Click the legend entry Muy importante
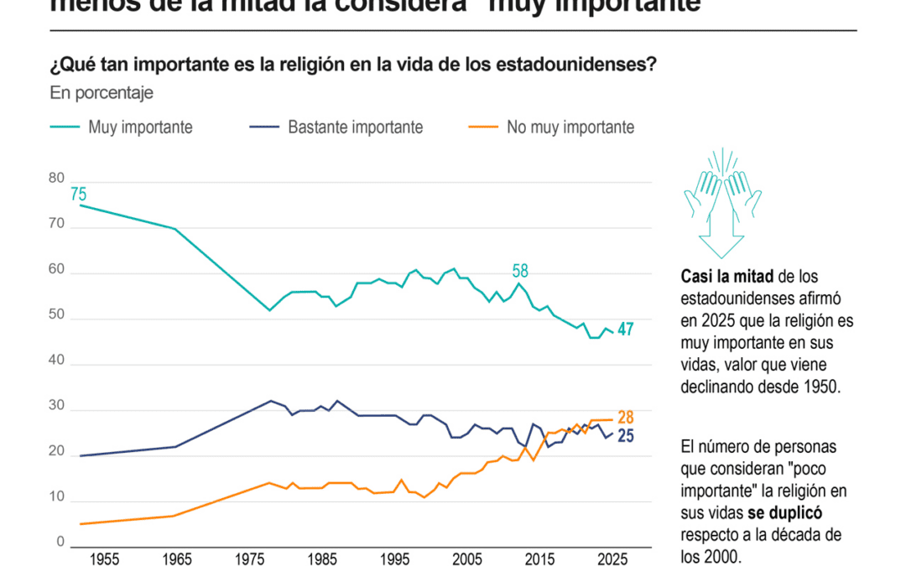tap(140, 127)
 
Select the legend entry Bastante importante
tap(355, 127)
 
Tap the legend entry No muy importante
tap(570, 127)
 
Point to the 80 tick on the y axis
tap(56, 178)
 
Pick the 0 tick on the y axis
tap(60, 543)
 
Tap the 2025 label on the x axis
tap(613, 558)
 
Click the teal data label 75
tap(78, 195)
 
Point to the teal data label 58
tap(521, 271)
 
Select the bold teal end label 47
tap(625, 330)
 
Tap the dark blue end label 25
tap(625, 436)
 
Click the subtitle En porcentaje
tap(102, 93)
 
